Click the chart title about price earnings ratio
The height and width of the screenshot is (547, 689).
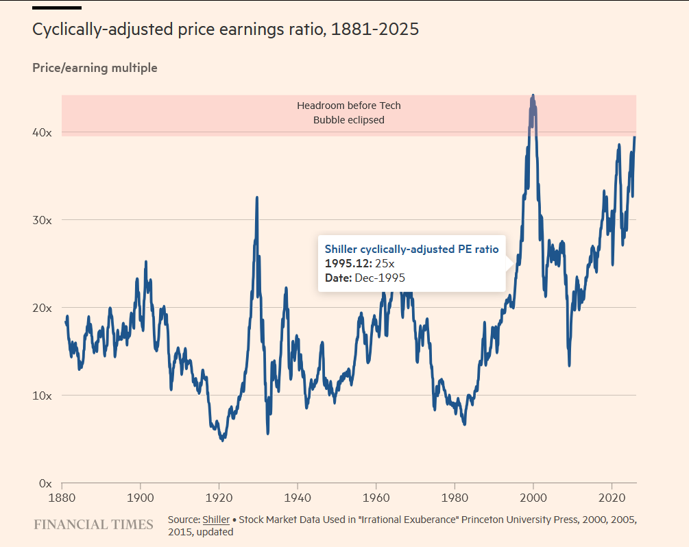tap(226, 30)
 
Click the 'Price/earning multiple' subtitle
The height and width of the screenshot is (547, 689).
tap(95, 68)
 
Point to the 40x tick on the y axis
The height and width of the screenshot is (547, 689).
tap(43, 132)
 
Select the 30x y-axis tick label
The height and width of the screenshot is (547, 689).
tap(43, 220)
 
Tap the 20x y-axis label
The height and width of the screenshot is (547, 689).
tap(43, 308)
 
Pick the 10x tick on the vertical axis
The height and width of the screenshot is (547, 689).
tap(43, 396)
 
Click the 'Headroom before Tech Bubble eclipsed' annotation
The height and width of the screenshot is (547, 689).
tap(349, 112)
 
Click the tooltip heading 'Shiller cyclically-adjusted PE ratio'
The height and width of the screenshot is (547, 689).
tap(411, 249)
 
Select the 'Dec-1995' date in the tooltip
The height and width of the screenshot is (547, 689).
tap(380, 278)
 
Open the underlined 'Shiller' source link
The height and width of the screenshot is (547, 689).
tap(216, 520)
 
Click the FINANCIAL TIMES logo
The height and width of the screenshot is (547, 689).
tap(93, 525)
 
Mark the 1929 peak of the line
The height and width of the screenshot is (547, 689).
tap(257, 197)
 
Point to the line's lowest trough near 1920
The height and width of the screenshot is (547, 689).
tap(222, 440)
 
